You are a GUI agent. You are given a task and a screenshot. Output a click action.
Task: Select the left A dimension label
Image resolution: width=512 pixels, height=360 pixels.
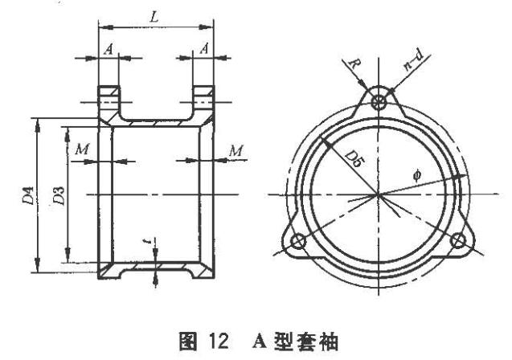(x=109, y=50)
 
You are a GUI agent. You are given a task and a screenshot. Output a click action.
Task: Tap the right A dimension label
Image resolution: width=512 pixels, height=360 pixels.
(x=204, y=49)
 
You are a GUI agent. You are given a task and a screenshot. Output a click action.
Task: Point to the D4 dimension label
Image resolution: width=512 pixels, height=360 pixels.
(x=28, y=195)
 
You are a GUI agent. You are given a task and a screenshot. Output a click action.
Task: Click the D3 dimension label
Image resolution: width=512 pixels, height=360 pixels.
(x=59, y=195)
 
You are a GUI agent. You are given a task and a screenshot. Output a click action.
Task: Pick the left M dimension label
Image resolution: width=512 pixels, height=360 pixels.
(x=82, y=149)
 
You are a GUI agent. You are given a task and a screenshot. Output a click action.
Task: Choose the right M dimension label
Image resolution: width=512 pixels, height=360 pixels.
(x=236, y=151)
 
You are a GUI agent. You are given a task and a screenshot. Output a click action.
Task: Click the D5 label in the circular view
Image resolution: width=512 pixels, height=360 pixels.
(x=354, y=159)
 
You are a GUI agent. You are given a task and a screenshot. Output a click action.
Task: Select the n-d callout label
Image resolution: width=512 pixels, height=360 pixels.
(x=413, y=60)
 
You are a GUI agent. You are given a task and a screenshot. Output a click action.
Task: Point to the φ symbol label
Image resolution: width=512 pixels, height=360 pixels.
(x=417, y=176)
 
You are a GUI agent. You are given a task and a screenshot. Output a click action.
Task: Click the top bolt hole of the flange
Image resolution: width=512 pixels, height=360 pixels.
(x=379, y=103)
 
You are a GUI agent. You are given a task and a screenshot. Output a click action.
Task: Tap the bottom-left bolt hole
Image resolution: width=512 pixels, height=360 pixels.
(x=298, y=241)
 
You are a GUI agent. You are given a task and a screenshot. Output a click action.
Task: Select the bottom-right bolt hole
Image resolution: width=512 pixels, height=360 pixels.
(x=458, y=240)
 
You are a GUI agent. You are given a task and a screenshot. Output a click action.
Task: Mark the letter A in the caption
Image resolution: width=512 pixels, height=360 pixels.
(x=260, y=342)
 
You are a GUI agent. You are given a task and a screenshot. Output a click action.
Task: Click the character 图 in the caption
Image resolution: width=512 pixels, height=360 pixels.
(x=188, y=342)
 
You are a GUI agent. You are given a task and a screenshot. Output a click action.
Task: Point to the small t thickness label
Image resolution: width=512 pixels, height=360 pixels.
(x=148, y=241)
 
